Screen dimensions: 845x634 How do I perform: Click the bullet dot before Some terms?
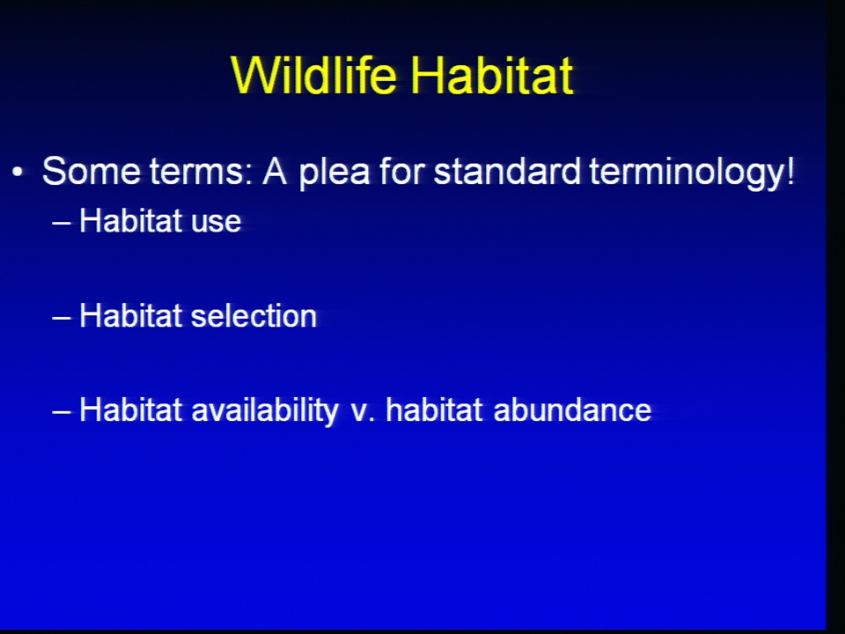coord(18,173)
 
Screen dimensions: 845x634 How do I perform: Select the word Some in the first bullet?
coord(91,172)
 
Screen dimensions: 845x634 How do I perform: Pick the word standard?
coord(507,172)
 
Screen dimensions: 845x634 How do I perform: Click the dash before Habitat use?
coord(62,222)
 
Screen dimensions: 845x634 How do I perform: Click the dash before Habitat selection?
coord(62,316)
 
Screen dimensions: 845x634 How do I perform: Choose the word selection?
coord(253,316)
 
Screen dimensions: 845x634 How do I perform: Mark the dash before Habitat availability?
coord(62,411)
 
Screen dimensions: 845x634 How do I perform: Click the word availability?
coord(265,411)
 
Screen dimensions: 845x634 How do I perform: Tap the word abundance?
coord(572,410)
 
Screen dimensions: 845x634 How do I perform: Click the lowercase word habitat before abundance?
coord(434,410)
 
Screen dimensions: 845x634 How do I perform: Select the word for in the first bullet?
coord(402,172)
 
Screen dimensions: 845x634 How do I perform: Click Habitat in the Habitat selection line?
coord(130,315)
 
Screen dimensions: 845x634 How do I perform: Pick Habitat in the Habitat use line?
coord(130,220)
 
